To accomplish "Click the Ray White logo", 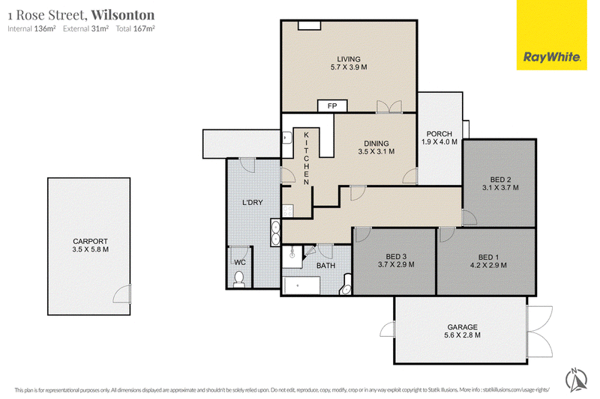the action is tap(551, 35).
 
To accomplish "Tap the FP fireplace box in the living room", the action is tap(332, 106).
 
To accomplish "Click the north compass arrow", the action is tap(577, 379).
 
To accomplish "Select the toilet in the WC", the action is tap(239, 279).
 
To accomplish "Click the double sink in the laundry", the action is tap(275, 232).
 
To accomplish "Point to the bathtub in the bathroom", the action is tap(301, 286).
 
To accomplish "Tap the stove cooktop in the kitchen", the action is tap(287, 211).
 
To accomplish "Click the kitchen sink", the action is tap(287, 138).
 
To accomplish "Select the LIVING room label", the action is tap(349, 59).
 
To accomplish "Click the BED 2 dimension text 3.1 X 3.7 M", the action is tap(500, 187).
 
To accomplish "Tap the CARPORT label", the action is tap(90, 241).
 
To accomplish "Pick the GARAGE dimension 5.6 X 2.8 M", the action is tap(462, 335).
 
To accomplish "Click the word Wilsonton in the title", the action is tap(123, 15).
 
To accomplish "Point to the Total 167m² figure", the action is tap(135, 28).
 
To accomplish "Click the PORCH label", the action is tap(439, 134).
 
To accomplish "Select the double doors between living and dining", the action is tap(389, 106).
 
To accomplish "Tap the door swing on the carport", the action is tap(122, 294).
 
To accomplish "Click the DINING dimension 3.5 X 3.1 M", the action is tap(376, 151).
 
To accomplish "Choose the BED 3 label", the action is tap(396, 257).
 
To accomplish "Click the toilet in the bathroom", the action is tap(346, 284).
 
